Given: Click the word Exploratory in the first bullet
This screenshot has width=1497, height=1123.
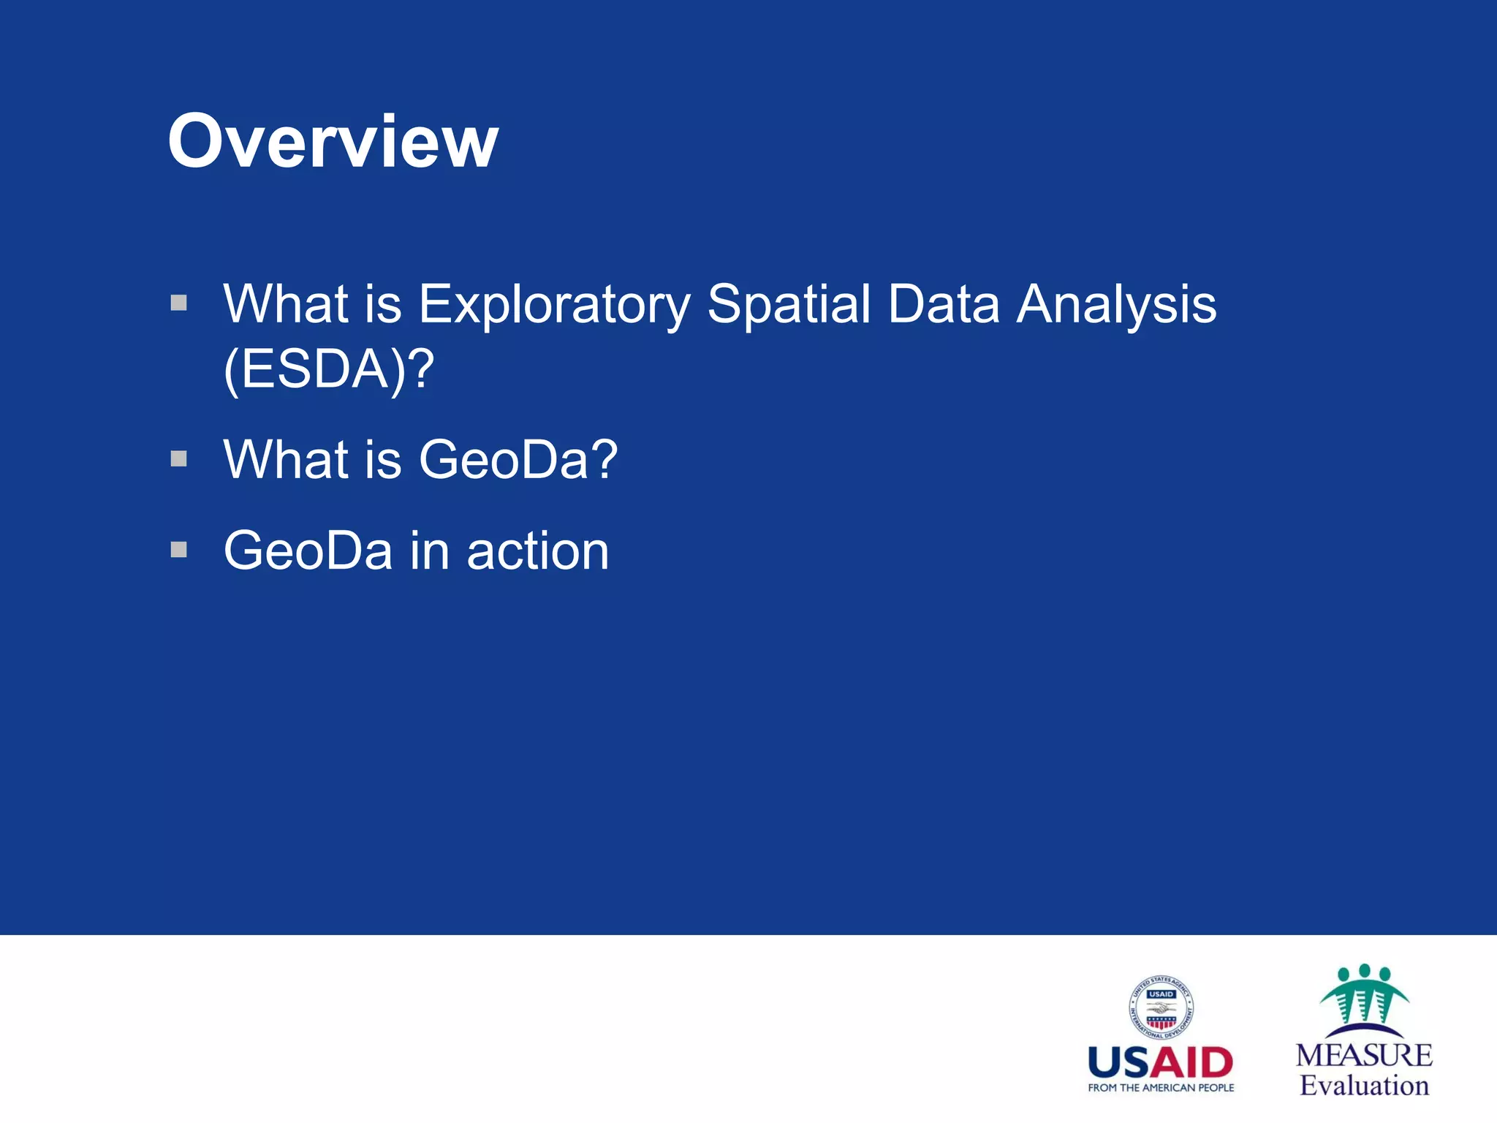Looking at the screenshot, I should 553,305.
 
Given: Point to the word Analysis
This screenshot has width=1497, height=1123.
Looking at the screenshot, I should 1116,305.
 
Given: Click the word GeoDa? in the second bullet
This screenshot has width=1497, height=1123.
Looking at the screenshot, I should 518,460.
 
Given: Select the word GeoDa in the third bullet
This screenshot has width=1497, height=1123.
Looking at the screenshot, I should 308,551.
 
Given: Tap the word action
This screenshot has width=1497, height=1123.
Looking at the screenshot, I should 537,551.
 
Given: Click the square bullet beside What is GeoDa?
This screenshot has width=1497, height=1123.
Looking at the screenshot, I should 179,458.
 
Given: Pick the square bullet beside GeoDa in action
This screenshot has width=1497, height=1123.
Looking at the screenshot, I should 179,549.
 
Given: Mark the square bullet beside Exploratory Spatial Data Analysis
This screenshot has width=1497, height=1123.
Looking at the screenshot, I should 179,302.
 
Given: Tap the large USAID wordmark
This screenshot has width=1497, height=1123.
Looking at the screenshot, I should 1160,1063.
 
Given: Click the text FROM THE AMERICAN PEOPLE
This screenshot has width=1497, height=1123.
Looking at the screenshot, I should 1160,1088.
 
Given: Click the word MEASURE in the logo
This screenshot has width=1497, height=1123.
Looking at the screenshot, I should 1364,1055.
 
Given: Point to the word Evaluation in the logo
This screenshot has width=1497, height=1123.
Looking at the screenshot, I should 1364,1086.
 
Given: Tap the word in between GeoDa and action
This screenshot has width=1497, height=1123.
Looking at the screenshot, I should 429,551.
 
